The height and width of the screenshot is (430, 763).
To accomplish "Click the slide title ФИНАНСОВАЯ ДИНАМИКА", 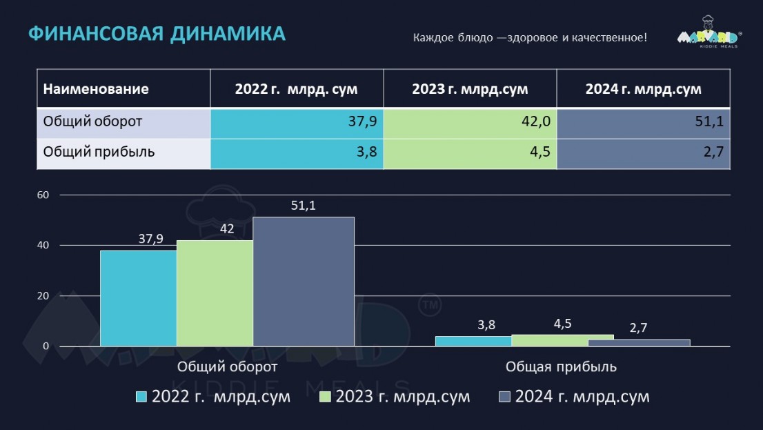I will pyautogui.click(x=157, y=35).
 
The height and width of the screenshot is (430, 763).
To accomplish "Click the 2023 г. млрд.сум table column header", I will pyautogui.click(x=470, y=89).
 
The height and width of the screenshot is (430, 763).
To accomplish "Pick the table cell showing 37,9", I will pyautogui.click(x=297, y=122).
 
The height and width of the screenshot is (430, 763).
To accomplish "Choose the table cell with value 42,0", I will pyautogui.click(x=470, y=122).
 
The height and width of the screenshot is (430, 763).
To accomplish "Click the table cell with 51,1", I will pyautogui.click(x=643, y=122).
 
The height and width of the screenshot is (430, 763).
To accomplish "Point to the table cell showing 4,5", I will pyautogui.click(x=470, y=153).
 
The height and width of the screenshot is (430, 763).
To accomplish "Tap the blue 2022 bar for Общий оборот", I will pyautogui.click(x=138, y=298).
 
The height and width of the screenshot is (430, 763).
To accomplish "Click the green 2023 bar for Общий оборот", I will pyautogui.click(x=215, y=293).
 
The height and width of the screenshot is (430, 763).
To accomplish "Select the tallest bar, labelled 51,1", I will pyautogui.click(x=304, y=282).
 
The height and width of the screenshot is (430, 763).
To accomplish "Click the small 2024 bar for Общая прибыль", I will pyautogui.click(x=639, y=342).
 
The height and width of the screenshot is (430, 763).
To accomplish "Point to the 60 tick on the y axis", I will pyautogui.click(x=43, y=195).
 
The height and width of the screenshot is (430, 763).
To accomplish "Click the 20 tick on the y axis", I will pyautogui.click(x=43, y=296).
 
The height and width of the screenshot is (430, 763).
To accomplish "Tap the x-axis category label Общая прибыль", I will pyautogui.click(x=561, y=367).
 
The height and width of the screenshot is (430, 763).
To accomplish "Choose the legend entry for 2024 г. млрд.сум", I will pyautogui.click(x=573, y=397).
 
